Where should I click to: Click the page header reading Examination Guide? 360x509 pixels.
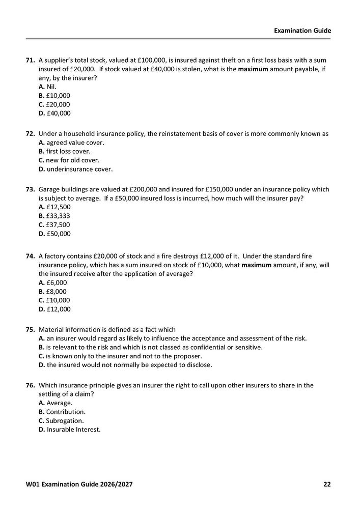point(302,31)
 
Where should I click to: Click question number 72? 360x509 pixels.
point(30,134)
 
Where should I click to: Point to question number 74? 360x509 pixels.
point(30,256)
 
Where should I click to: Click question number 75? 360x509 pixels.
point(30,329)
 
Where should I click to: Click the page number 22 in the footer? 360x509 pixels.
point(327,484)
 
